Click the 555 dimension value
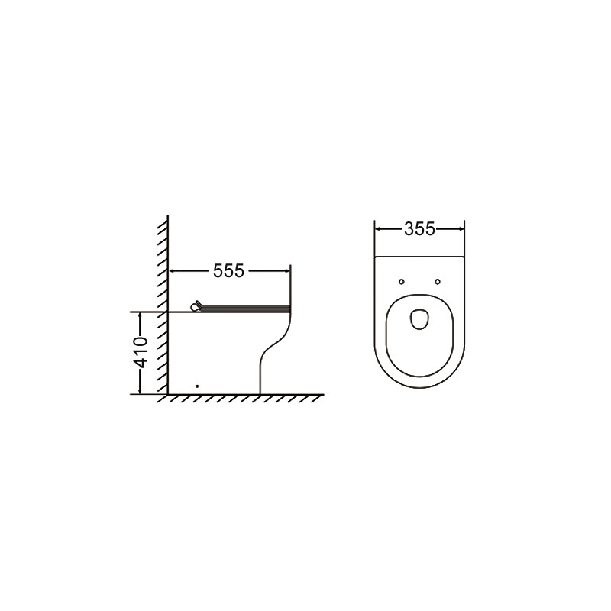[x=228, y=271]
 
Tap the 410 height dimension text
[x=141, y=352]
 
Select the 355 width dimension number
[x=419, y=229]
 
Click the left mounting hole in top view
[x=402, y=281]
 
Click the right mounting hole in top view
[x=437, y=281]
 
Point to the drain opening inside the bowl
[x=419, y=319]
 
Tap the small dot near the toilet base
[x=197, y=386]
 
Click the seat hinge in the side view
[x=196, y=307]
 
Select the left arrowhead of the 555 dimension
[x=173, y=271]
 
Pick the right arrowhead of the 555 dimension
[x=286, y=271]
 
